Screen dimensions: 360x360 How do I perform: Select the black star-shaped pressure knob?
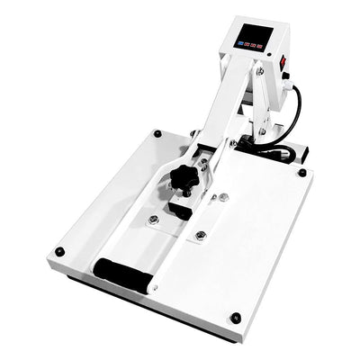coord(184,181)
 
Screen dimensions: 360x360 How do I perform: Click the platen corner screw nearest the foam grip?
coord(59,251)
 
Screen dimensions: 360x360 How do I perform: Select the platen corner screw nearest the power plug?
coord(301,172)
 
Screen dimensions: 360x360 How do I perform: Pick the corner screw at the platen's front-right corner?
coord(236,317)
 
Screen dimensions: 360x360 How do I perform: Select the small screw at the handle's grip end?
coord(155,288)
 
